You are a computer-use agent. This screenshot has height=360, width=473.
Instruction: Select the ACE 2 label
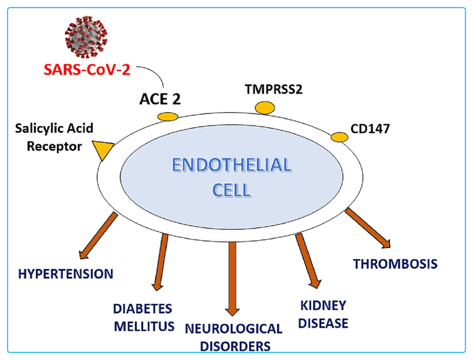(161, 98)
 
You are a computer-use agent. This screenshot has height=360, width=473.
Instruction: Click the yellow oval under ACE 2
(168, 117)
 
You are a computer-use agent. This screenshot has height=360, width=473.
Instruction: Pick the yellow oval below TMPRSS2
(265, 108)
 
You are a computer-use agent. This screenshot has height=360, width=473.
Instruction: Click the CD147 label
(370, 128)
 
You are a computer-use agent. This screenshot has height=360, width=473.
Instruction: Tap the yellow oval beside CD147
(339, 137)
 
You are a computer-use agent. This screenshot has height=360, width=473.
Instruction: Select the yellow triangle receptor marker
(104, 149)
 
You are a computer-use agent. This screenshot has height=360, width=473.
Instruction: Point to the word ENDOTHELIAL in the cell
(231, 165)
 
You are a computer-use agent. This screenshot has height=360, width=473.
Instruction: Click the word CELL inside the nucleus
(232, 189)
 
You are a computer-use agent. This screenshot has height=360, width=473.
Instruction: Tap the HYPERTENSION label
(65, 274)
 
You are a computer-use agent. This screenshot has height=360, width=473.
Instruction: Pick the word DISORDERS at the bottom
(234, 345)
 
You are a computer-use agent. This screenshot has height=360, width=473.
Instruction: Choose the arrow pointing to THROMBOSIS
(368, 228)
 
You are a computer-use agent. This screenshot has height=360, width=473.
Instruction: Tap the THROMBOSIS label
(395, 264)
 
